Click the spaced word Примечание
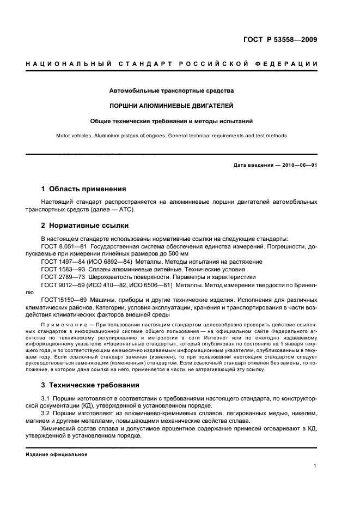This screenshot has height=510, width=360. pos(62,325)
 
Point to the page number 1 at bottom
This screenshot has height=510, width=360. pos(316,466)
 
